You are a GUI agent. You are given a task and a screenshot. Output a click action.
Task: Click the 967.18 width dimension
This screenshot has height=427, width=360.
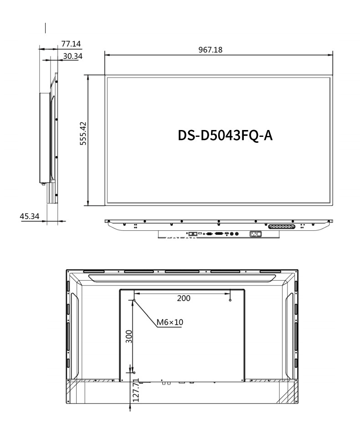pyautogui.click(x=211, y=50)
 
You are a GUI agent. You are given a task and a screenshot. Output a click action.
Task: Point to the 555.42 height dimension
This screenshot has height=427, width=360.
pyautogui.click(x=83, y=133)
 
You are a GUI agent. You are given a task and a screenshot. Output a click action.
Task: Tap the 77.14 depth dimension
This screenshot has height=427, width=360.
pyautogui.click(x=71, y=44)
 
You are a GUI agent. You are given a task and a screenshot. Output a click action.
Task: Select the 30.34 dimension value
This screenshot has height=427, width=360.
pyautogui.click(x=72, y=56)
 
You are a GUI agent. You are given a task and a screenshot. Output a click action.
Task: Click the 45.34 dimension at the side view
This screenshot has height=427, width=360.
pyautogui.click(x=29, y=216)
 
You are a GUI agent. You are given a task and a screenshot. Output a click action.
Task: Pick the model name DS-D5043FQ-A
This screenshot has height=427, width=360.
pyautogui.click(x=225, y=135)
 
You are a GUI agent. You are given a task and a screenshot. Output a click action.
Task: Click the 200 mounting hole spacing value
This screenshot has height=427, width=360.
pyautogui.click(x=184, y=298)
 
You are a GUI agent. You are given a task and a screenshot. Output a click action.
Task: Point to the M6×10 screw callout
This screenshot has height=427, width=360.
pyautogui.click(x=170, y=323)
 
